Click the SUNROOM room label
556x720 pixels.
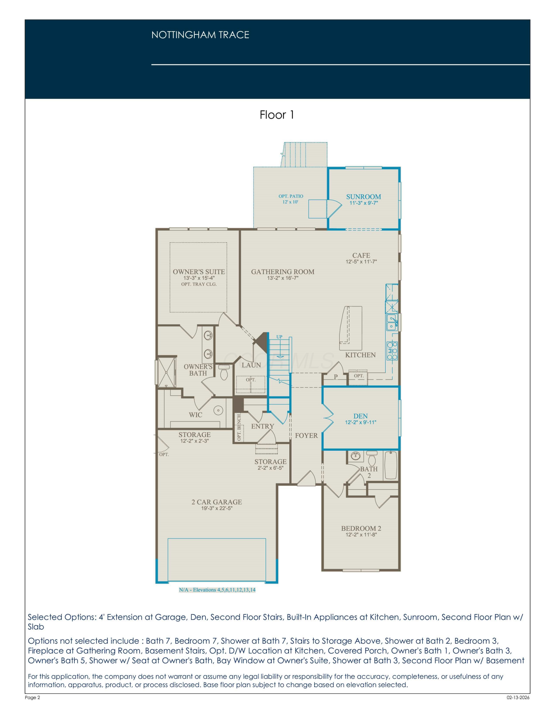(363, 197)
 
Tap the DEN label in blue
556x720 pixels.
(360, 416)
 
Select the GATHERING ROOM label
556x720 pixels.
(282, 272)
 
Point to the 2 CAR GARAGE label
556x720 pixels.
(217, 502)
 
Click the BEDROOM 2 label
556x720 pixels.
(361, 528)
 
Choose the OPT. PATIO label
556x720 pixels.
(291, 196)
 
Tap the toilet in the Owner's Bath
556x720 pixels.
(224, 372)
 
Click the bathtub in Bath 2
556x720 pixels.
(390, 465)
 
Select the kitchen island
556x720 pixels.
(351, 328)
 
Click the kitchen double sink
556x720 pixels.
(392, 322)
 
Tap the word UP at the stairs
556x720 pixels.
(279, 337)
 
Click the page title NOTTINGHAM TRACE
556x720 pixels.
(200, 35)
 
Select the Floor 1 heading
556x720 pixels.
(277, 114)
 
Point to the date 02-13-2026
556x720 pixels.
(518, 697)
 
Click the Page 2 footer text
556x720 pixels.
(32, 697)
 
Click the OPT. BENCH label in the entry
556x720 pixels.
(239, 427)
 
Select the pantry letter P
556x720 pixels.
(336, 377)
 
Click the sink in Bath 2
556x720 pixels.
(356, 456)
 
